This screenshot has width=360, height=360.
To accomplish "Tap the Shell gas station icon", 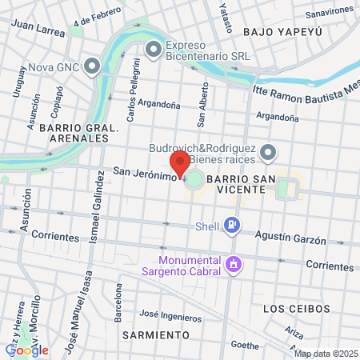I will [232, 226].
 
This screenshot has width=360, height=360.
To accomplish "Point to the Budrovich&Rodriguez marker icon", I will [270, 151].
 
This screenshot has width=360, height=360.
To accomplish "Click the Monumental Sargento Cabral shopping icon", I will [233, 262].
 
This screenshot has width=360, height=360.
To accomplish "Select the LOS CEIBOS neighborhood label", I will [296, 308].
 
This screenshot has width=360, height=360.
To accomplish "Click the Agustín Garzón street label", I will [290, 238].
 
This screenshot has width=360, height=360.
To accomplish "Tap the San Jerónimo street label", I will [143, 172].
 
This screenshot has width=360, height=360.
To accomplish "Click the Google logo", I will [26, 350].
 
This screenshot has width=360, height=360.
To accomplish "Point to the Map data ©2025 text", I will [326, 354].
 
